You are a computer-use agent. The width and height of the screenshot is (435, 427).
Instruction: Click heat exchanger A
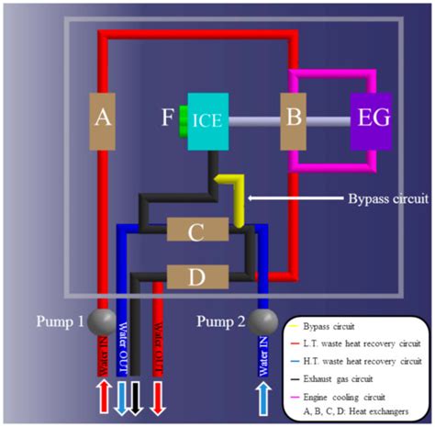(x=104, y=118)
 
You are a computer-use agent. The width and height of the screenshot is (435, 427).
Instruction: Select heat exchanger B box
(x=296, y=118)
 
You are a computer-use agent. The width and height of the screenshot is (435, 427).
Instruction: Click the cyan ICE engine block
(x=212, y=119)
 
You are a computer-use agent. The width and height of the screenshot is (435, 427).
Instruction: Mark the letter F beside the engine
(x=167, y=118)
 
